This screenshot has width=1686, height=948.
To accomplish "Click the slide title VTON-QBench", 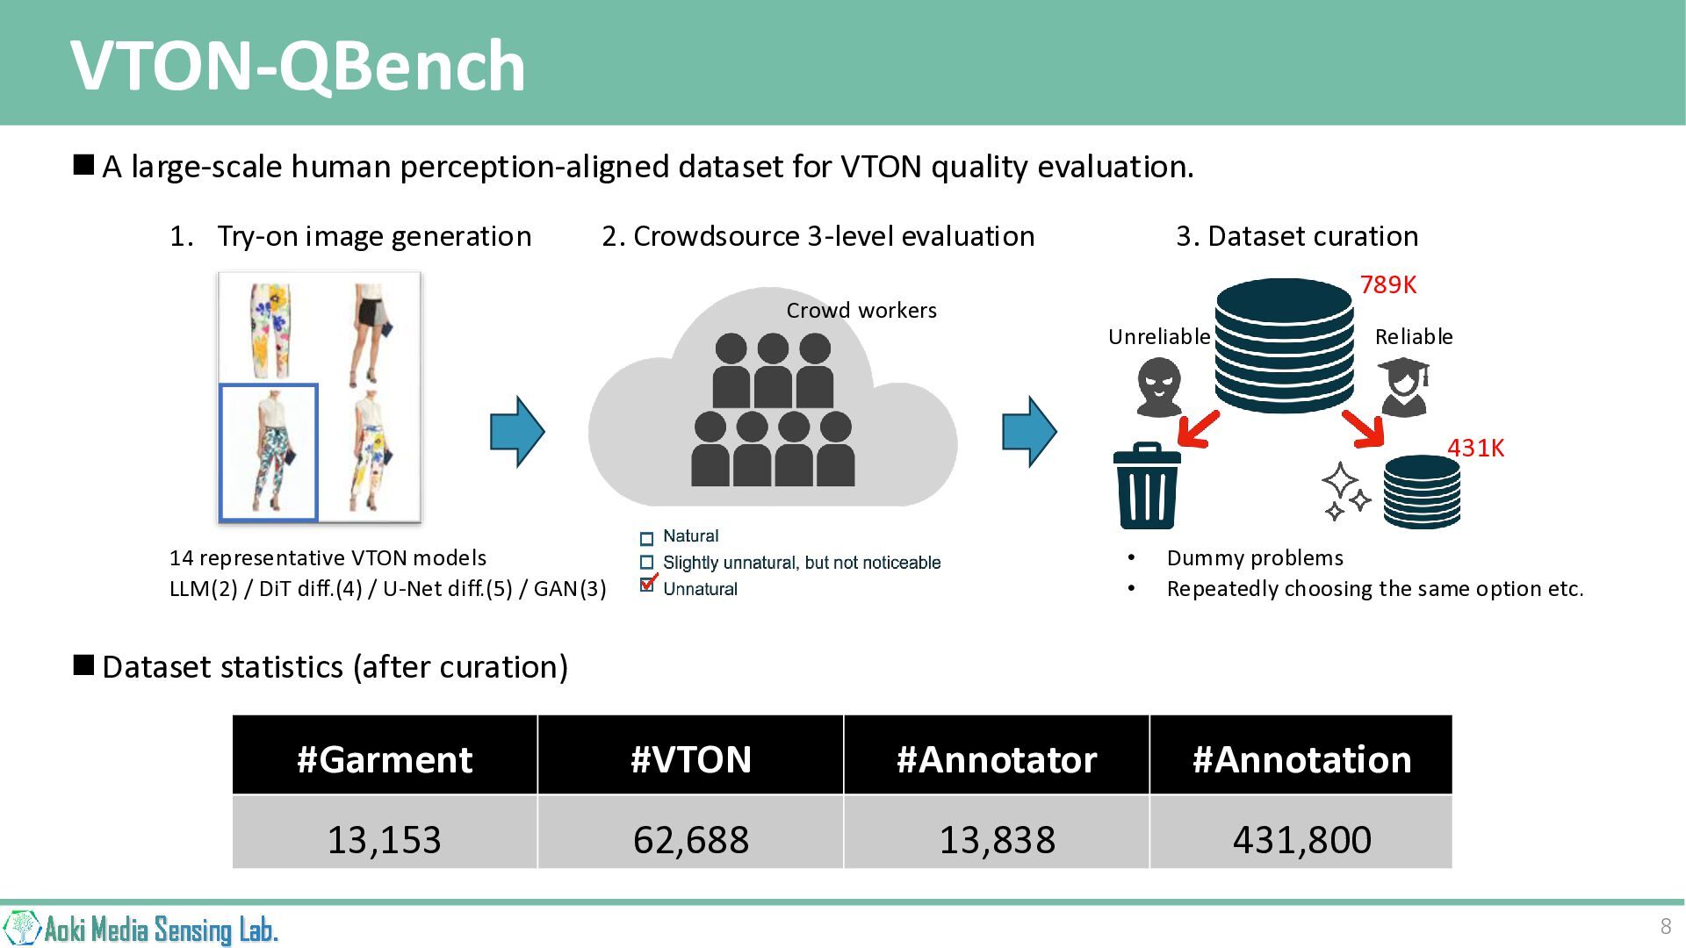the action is [298, 66].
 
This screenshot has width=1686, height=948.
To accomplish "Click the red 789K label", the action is [1388, 284].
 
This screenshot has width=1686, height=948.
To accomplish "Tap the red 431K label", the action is [1475, 448].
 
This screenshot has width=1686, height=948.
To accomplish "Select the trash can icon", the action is [1147, 485].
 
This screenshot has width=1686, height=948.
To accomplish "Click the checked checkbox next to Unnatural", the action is [648, 585].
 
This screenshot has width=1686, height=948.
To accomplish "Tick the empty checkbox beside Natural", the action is [647, 538].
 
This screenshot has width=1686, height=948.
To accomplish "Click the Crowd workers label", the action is [861, 310].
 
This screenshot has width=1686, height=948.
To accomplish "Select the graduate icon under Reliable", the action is [1403, 386].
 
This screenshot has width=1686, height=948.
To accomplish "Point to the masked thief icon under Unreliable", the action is [1159, 386].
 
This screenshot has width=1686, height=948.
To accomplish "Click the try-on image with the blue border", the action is [269, 452].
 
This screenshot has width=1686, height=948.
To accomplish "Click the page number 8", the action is [1665, 926].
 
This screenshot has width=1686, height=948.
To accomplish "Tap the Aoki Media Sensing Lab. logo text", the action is [161, 930].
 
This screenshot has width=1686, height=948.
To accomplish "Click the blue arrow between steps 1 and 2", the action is [517, 432].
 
